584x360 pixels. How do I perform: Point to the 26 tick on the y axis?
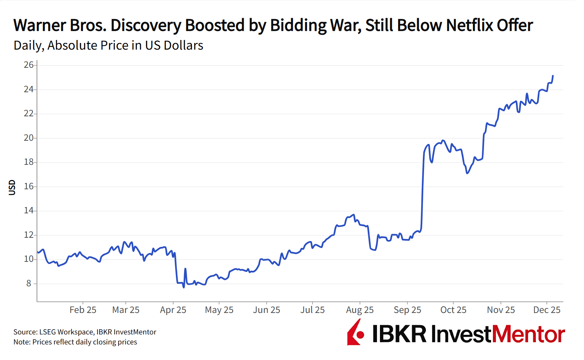click(x=29, y=65)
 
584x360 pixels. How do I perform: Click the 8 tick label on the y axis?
click(x=29, y=283)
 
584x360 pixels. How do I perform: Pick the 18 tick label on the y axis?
click(x=29, y=162)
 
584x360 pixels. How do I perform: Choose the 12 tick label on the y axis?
click(x=29, y=235)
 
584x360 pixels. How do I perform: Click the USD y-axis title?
click(x=12, y=187)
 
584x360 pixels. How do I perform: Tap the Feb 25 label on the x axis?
click(x=83, y=310)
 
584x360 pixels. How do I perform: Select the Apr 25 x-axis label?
click(x=173, y=310)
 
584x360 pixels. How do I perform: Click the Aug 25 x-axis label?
click(x=360, y=310)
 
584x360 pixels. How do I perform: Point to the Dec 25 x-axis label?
click(x=547, y=310)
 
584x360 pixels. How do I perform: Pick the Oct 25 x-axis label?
click(x=453, y=310)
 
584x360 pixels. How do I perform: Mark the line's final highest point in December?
click(x=553, y=76)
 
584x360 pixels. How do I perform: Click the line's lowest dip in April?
click(x=184, y=287)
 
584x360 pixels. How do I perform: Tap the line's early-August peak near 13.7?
click(x=354, y=215)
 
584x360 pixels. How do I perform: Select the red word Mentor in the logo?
click(x=528, y=334)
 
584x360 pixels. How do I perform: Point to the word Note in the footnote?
click(x=21, y=342)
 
